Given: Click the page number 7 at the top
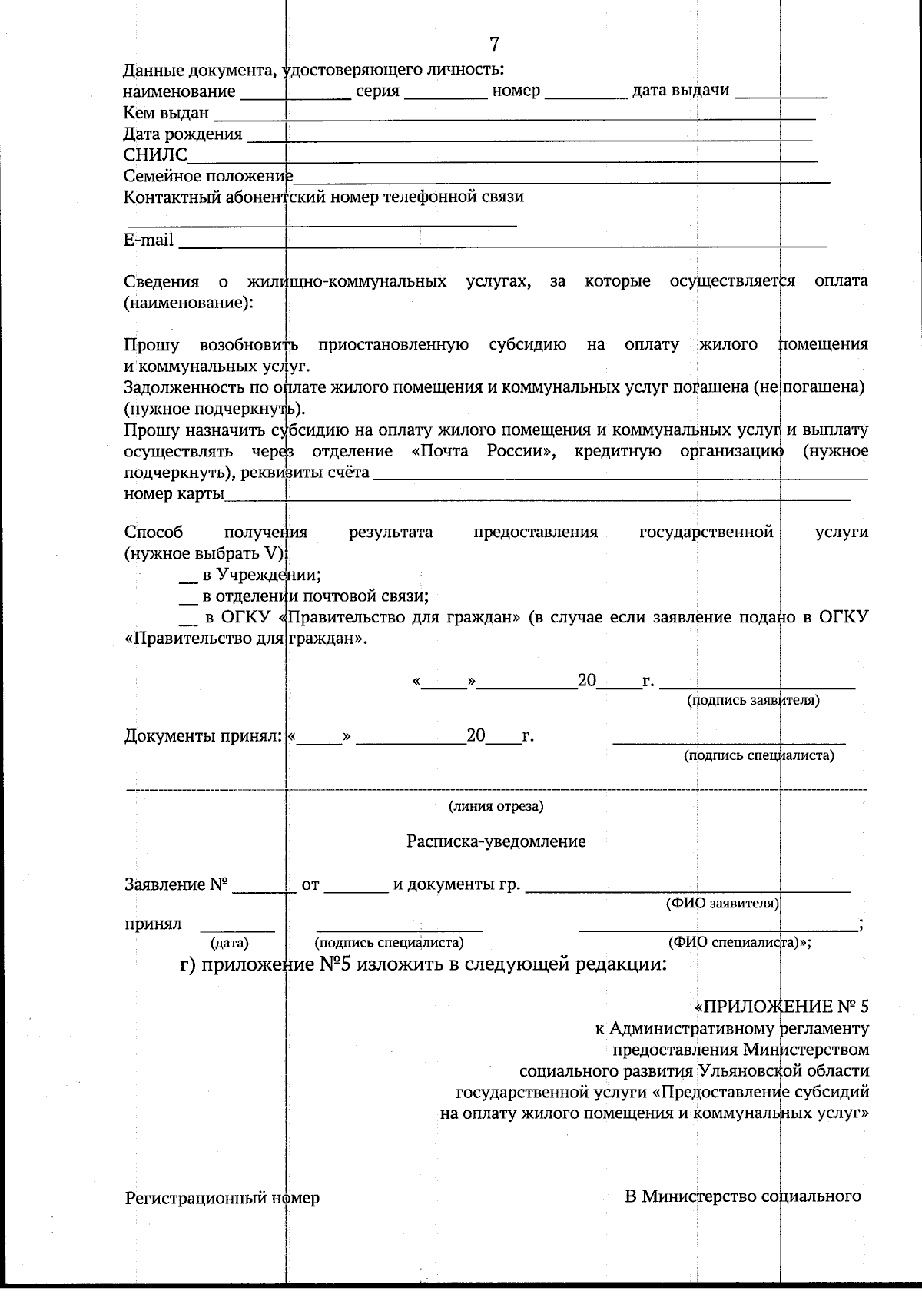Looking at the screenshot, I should (494, 45).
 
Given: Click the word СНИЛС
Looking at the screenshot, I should (155, 155).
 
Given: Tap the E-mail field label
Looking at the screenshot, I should (148, 240).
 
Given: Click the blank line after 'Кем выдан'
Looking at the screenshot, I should (513, 115).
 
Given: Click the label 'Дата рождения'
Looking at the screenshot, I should (183, 134).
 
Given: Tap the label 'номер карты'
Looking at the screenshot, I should (174, 493).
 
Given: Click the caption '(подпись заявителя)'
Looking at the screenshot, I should (752, 700).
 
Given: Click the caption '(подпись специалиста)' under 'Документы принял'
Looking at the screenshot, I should (758, 755).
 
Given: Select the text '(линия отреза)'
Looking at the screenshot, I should (496, 806).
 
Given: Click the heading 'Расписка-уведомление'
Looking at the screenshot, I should (496, 841).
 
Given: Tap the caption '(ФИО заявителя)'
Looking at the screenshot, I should (722, 903).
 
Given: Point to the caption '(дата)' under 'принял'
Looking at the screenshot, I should (229, 942).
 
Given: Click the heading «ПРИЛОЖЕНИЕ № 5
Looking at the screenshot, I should (781, 1007).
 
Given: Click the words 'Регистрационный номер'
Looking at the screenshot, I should (222, 1198).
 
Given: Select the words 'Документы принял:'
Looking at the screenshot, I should (204, 736).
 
